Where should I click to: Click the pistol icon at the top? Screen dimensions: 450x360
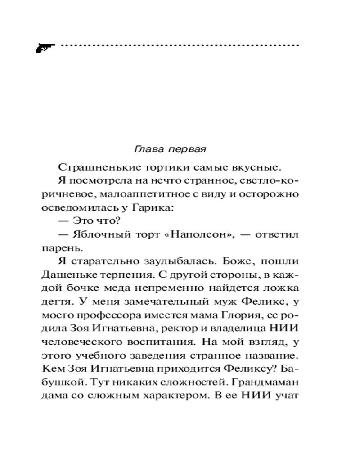pos(45,47)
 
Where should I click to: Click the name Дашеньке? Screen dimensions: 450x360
pos(68,275)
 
